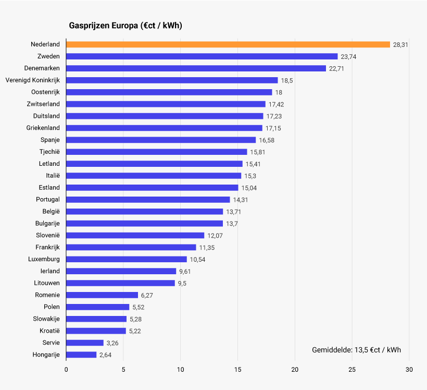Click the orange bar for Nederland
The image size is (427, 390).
[228, 44]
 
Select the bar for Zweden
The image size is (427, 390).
[202, 56]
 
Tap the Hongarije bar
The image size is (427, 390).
[81, 355]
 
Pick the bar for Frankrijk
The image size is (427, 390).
[131, 247]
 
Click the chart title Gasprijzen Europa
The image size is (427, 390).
[125, 26]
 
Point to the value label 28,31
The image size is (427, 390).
[400, 45]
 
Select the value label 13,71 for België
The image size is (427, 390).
[233, 212]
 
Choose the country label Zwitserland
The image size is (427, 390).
[43, 104]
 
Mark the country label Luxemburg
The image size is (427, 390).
[44, 259]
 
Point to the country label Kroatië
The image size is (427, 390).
[49, 331]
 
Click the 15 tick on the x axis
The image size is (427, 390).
[237, 370]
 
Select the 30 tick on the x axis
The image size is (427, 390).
[409, 370]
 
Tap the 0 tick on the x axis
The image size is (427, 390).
[66, 370]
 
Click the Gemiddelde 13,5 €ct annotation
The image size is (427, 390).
[356, 349]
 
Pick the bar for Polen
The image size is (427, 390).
[98, 307]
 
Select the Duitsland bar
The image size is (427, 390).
[165, 116]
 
